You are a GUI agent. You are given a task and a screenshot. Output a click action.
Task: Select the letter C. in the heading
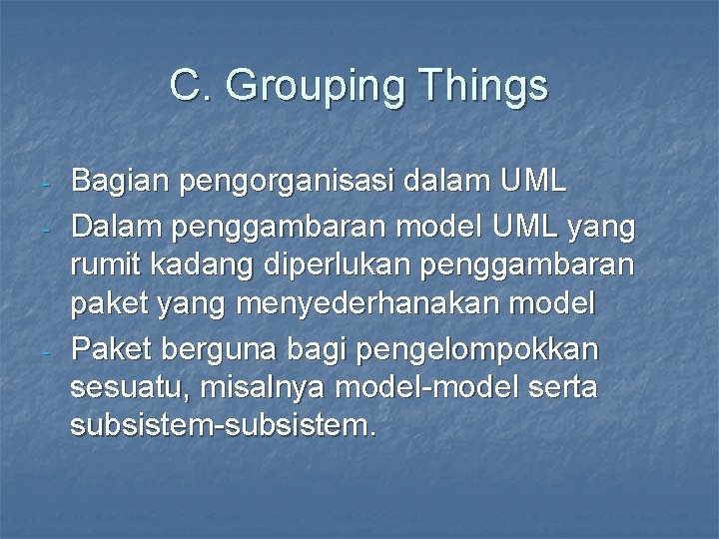pos(192,86)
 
